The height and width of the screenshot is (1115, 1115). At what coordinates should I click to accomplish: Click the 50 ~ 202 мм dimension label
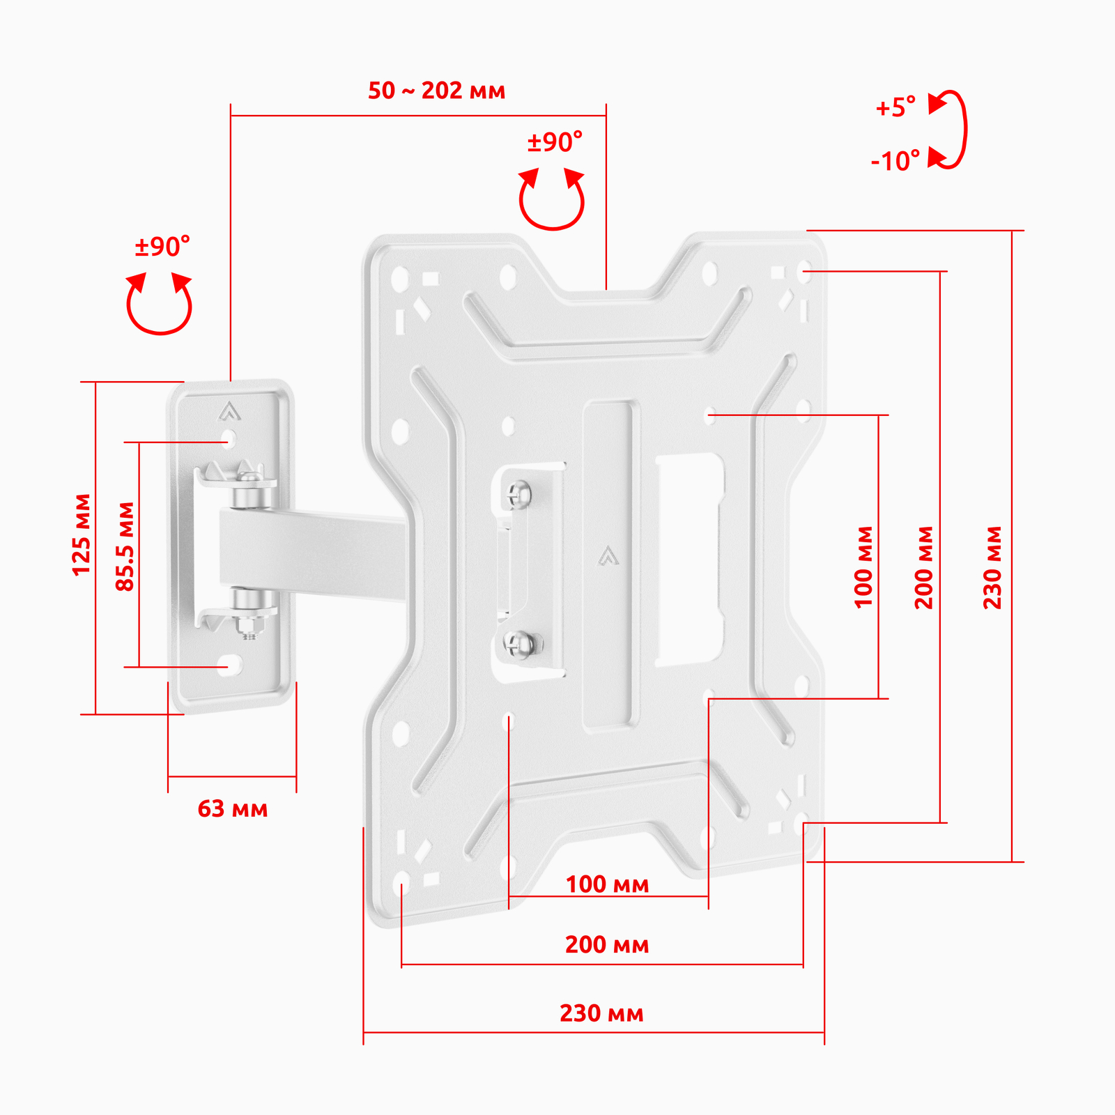pos(436,91)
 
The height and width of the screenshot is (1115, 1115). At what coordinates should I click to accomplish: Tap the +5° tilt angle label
pos(895,107)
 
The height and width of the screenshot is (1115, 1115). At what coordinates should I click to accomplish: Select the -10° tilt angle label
pos(895,161)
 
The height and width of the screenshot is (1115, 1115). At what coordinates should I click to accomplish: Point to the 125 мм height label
pos(82,535)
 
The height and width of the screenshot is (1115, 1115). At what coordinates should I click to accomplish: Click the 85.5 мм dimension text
pos(125,547)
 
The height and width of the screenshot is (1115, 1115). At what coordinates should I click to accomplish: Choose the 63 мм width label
pos(233,809)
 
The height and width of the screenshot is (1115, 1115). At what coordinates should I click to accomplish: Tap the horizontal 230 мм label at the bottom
pos(601,1013)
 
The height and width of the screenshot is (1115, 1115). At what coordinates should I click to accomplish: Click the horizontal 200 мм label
pos(607,945)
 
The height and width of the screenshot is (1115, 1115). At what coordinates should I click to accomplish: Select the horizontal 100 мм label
pos(607,884)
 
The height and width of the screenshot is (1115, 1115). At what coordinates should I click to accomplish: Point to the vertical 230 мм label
pos(992,568)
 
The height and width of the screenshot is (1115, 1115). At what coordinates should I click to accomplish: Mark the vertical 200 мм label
pos(923,568)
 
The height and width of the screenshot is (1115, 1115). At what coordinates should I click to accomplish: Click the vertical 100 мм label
pos(863,568)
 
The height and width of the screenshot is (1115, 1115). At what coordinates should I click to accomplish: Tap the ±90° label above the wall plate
pos(162,247)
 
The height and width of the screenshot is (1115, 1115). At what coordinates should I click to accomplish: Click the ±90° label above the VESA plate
pos(555,142)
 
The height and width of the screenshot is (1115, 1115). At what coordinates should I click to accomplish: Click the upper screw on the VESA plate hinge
pos(517,495)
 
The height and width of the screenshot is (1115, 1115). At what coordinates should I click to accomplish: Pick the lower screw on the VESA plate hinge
pos(520,644)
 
